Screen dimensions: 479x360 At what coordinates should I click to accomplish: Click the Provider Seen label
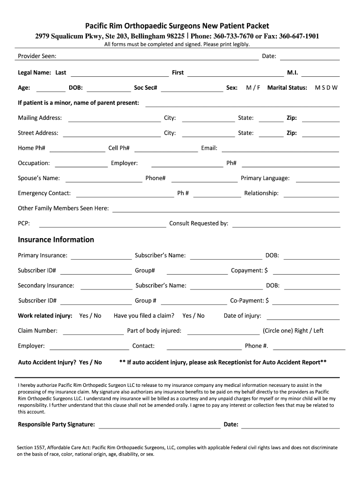(x=37, y=56)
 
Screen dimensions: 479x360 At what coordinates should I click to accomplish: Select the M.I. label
(x=293, y=73)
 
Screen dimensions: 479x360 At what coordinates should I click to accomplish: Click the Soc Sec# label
(x=145, y=87)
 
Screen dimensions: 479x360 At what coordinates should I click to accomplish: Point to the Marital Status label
(x=287, y=87)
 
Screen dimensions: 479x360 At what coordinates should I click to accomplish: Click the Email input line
(x=280, y=151)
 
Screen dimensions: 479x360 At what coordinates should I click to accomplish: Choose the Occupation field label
(x=34, y=163)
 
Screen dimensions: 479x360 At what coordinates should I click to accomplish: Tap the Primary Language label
(x=265, y=178)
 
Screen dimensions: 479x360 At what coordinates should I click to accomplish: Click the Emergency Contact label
(x=44, y=193)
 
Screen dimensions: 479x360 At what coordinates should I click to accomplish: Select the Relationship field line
(x=311, y=196)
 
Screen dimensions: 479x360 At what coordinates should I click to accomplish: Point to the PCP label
(x=24, y=223)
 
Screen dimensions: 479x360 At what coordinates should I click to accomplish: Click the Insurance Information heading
(x=56, y=239)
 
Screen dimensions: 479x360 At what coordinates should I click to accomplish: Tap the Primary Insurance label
(x=43, y=255)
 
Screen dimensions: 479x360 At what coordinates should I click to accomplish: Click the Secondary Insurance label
(x=46, y=285)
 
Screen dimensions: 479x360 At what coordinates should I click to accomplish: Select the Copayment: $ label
(x=249, y=270)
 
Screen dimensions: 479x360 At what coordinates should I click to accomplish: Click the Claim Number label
(x=38, y=331)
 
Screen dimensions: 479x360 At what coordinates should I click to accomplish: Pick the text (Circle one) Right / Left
(x=293, y=331)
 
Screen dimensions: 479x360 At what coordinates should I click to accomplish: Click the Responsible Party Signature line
(x=159, y=427)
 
